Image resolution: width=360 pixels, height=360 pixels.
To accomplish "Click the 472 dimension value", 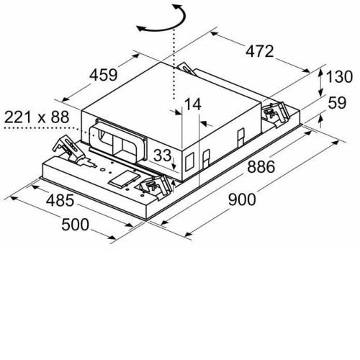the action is [x=259, y=51].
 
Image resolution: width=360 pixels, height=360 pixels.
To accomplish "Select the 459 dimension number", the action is [x=104, y=75].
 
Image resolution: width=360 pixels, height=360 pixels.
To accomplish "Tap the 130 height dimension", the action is [x=339, y=77].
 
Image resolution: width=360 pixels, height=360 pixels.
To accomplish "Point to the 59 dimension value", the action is [x=337, y=103].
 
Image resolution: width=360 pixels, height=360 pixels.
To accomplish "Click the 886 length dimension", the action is [x=261, y=167].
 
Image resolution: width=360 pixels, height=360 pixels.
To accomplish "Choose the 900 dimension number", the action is [x=242, y=199].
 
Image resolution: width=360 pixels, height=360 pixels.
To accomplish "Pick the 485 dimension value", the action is [x=60, y=200].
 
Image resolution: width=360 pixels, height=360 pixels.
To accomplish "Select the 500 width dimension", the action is [x=75, y=225].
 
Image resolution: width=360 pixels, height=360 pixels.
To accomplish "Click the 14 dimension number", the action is [x=192, y=104].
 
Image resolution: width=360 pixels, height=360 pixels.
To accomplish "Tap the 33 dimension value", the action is [x=163, y=156].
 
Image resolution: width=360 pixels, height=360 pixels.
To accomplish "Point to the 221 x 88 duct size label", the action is [x=37, y=117].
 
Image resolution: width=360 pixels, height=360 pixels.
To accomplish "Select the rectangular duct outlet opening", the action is [x=117, y=140].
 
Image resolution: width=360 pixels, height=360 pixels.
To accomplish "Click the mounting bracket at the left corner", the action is [x=69, y=149].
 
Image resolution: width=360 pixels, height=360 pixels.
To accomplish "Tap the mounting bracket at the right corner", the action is [x=275, y=112].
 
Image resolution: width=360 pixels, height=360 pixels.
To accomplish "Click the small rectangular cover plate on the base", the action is [x=124, y=179].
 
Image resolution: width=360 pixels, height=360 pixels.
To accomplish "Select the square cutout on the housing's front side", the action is [x=189, y=162].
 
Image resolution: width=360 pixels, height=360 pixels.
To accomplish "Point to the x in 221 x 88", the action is [x=42, y=119].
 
